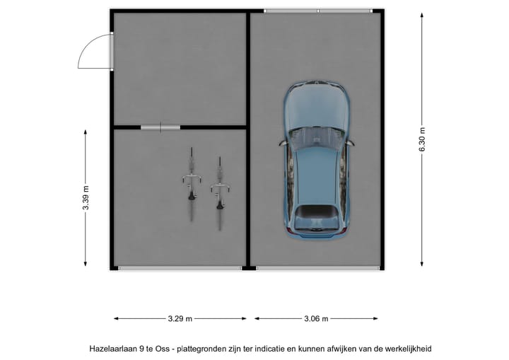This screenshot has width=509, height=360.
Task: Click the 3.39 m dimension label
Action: pyautogui.click(x=86, y=198)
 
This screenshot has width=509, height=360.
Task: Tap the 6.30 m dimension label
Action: pyautogui.click(x=422, y=139)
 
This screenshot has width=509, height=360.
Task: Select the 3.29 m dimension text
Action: pyautogui.click(x=180, y=319)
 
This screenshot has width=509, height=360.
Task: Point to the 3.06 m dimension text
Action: pyautogui.click(x=316, y=319)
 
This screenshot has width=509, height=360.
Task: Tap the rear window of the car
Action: pyautogui.click(x=316, y=212)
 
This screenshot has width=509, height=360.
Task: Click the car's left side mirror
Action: pyautogui.click(x=282, y=143)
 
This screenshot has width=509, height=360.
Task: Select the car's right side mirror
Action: pyautogui.click(x=350, y=143)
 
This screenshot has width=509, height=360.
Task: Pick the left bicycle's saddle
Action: pyautogui.click(x=192, y=196)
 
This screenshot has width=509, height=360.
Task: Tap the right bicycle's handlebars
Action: pyautogui.click(x=220, y=188)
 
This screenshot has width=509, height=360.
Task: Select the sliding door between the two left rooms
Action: pyautogui.click(x=160, y=127)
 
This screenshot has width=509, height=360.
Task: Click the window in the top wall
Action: pyautogui.click(x=318, y=11)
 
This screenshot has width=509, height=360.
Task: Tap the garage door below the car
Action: pyautogui.click(x=318, y=268)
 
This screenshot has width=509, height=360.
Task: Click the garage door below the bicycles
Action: pyautogui.click(x=180, y=268)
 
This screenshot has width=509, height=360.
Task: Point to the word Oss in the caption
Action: pyautogui.click(x=163, y=349)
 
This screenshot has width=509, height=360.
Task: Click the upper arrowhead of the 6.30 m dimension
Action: pyautogui.click(x=422, y=16)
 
